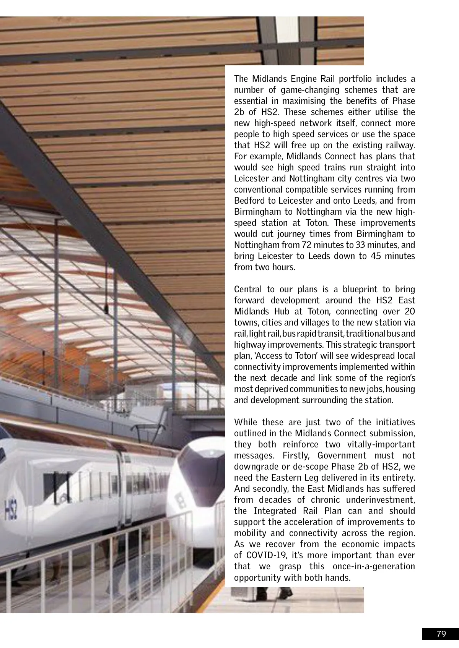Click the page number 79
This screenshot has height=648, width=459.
tap(441, 634)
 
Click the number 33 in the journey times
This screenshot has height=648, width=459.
tap(360, 245)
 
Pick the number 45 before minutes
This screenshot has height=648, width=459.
tap(376, 256)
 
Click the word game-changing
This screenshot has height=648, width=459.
tap(310, 90)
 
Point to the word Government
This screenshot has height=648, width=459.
tap(342, 455)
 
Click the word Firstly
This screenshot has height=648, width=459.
tap(296, 455)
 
